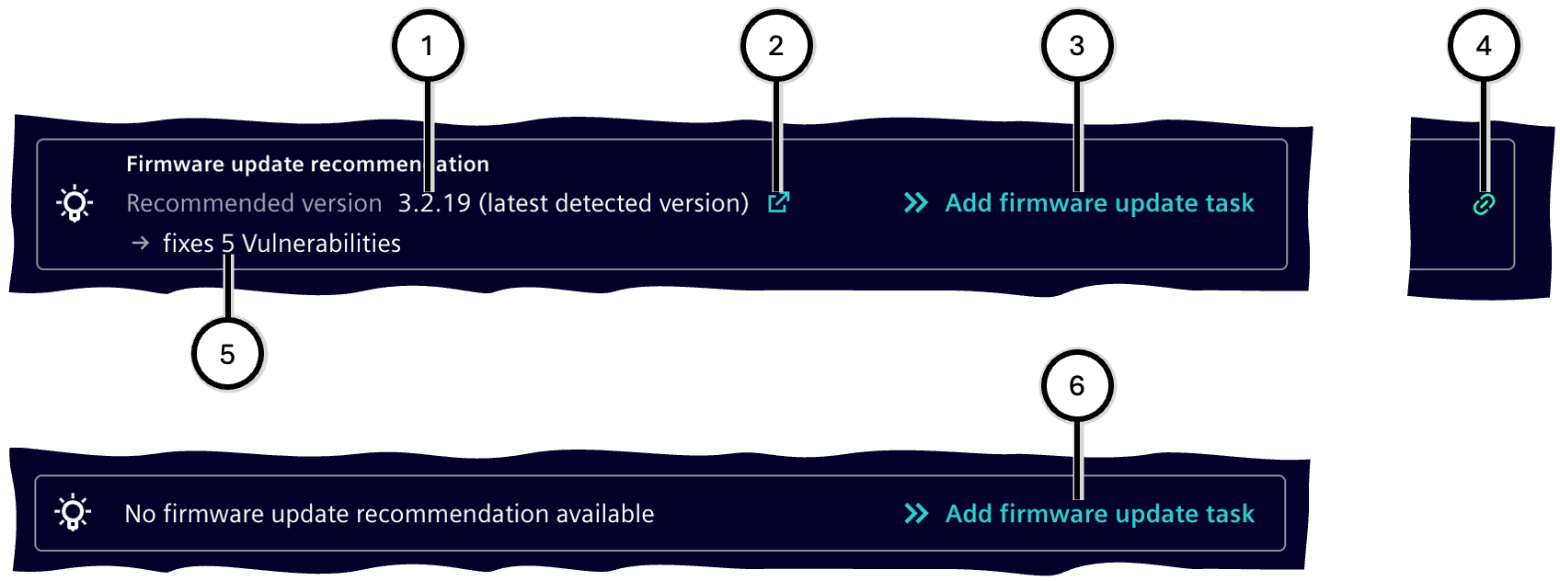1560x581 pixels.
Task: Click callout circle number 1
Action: click(x=428, y=46)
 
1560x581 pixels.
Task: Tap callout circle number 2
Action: click(x=775, y=46)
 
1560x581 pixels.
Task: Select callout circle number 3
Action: click(x=1077, y=46)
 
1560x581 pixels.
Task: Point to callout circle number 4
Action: click(x=1484, y=46)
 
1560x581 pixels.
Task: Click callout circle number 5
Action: click(x=227, y=354)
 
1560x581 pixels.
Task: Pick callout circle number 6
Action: click(x=1077, y=385)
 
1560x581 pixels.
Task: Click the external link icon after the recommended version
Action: click(x=778, y=202)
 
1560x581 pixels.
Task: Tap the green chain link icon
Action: click(x=1484, y=205)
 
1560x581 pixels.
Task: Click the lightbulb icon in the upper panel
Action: click(x=74, y=204)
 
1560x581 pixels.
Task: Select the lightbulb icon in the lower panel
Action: click(x=74, y=514)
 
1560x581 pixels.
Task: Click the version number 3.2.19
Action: click(x=434, y=203)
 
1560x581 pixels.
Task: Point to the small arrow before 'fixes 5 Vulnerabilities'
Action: click(x=141, y=243)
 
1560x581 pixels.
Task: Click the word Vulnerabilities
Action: click(x=321, y=244)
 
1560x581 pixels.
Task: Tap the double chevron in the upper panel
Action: click(x=916, y=202)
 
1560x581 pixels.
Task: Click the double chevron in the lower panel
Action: click(x=916, y=514)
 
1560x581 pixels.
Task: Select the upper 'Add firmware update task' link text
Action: click(x=1100, y=203)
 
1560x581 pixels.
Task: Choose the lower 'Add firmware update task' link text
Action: click(x=1100, y=514)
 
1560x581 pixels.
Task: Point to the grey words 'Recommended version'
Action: click(x=254, y=203)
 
